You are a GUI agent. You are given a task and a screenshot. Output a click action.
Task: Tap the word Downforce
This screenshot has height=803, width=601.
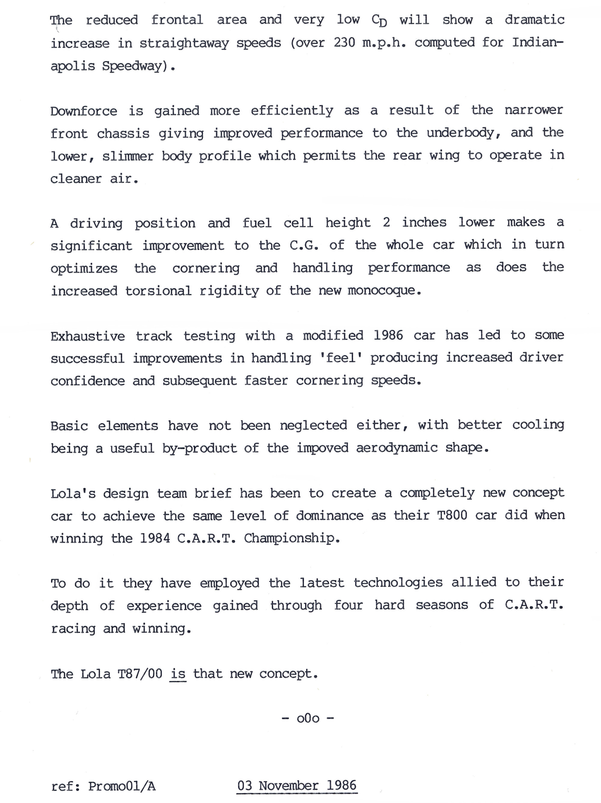[x=84, y=111]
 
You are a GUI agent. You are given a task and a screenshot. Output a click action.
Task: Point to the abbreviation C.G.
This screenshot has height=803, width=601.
[x=304, y=245]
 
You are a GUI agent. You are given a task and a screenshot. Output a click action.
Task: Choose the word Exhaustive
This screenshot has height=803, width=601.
[x=88, y=336]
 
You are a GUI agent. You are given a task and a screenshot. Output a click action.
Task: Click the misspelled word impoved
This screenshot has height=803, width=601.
[x=323, y=448]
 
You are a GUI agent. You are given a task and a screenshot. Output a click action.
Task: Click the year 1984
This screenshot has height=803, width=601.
[x=155, y=538]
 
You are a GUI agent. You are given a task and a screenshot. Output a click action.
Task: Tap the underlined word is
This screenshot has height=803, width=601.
[x=178, y=674]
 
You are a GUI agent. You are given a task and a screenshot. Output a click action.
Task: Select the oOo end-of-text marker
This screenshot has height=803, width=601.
[x=308, y=719]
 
